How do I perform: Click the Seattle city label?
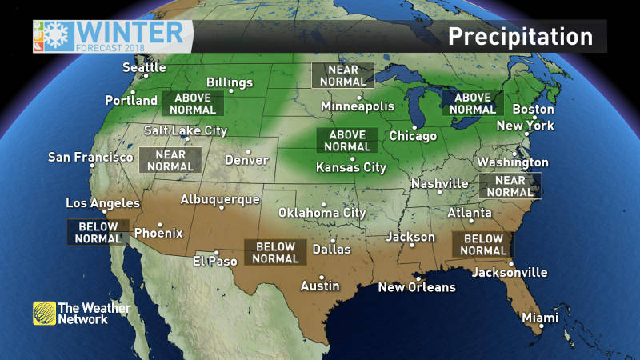point(144,67)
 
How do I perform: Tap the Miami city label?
point(540,318)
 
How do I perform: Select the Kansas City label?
point(351,168)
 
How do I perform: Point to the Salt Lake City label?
point(186,130)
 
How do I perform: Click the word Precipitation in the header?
point(520,37)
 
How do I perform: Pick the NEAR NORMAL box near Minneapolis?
point(342,74)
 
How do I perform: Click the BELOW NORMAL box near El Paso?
point(274,253)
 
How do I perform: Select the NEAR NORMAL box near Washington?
point(510,186)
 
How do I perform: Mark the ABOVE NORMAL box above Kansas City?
point(348,141)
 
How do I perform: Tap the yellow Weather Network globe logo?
point(44,313)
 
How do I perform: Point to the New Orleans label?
point(417,287)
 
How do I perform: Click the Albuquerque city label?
point(220,199)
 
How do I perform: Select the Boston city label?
point(533,109)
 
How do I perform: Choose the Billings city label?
point(230,82)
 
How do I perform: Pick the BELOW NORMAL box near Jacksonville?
point(483,245)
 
